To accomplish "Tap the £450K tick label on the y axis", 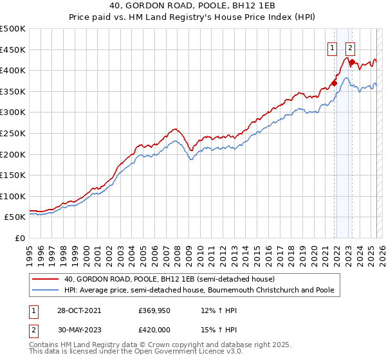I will click(x=13, y=50).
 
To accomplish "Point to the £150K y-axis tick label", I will click(x=13, y=175).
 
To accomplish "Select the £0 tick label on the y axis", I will click(x=20, y=238).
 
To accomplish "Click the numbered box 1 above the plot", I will click(x=332, y=47).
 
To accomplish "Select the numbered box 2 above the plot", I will click(x=350, y=47).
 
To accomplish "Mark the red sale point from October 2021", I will click(x=335, y=83).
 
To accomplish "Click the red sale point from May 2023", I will click(x=352, y=62).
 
